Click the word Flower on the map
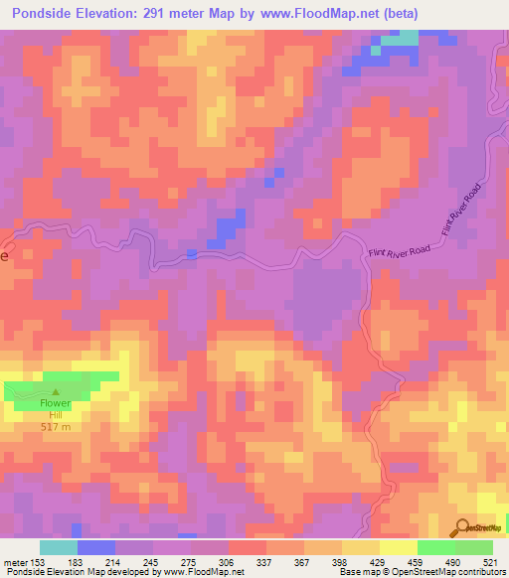[x=55, y=405]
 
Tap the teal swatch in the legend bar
[x=59, y=548]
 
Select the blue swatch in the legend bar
[x=96, y=548]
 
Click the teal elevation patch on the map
[x=403, y=39]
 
